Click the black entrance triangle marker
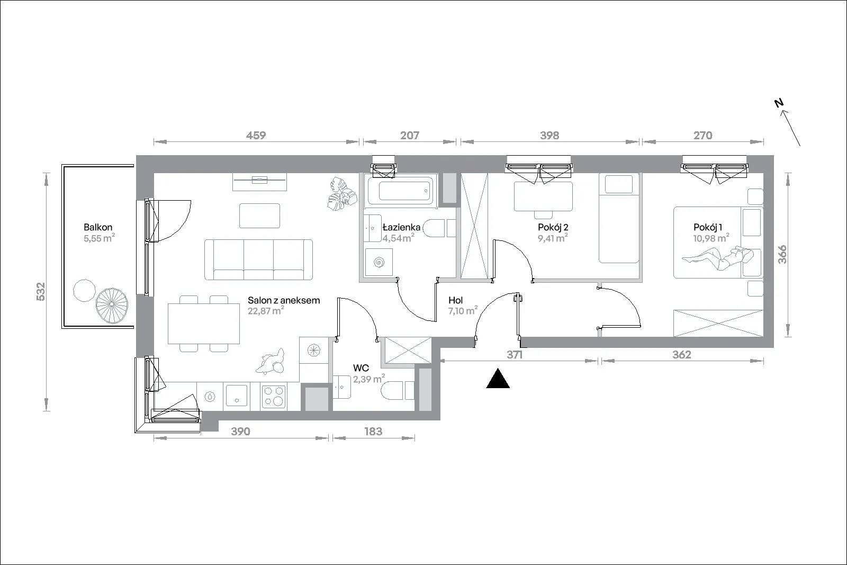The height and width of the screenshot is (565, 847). click(x=498, y=379)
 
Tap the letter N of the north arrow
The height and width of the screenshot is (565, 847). click(x=779, y=103)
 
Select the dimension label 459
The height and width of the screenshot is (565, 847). click(x=256, y=135)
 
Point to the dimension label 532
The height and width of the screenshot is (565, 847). click(x=40, y=292)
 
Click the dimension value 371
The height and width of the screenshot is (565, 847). click(x=515, y=354)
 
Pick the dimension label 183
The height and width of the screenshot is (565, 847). click(x=373, y=431)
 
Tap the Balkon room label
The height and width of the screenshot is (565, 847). click(x=98, y=227)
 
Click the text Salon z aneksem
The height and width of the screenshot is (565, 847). click(x=284, y=300)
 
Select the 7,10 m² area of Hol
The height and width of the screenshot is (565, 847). click(x=463, y=311)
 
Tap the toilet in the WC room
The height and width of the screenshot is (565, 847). click(x=398, y=391)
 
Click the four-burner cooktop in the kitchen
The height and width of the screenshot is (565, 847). click(x=274, y=396)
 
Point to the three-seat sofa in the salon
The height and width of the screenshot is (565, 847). click(x=259, y=259)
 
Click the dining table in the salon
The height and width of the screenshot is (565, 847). click(x=204, y=324)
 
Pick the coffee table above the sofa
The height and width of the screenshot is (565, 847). click(x=260, y=216)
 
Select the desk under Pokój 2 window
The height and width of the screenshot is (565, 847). click(x=543, y=196)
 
